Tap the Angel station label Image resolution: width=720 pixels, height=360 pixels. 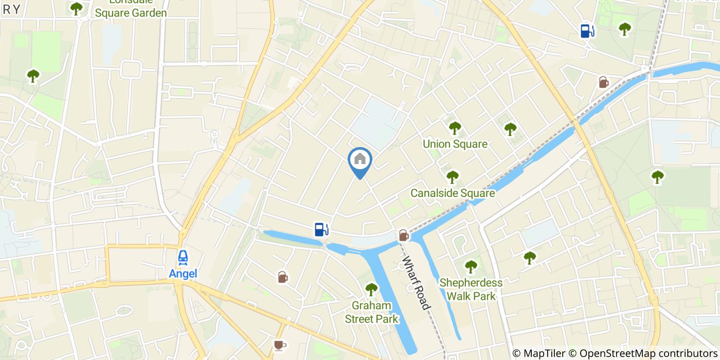[x=183, y=274]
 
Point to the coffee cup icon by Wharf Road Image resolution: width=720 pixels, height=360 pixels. [x=404, y=236]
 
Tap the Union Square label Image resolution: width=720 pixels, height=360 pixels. [x=455, y=144]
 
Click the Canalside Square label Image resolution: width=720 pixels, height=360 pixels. [x=453, y=193]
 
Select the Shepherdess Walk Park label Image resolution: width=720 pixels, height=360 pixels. [x=471, y=289]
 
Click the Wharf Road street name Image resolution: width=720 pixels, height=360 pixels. [x=416, y=282]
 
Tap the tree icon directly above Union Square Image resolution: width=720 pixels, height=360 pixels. [x=455, y=128]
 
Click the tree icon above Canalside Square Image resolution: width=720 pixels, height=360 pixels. [x=452, y=177]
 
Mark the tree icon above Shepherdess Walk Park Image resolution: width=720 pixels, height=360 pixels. [x=471, y=266]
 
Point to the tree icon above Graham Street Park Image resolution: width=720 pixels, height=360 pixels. [x=371, y=290]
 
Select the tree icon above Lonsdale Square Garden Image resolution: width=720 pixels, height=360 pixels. [x=77, y=8]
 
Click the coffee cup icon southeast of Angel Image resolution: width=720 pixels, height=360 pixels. [x=279, y=345]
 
